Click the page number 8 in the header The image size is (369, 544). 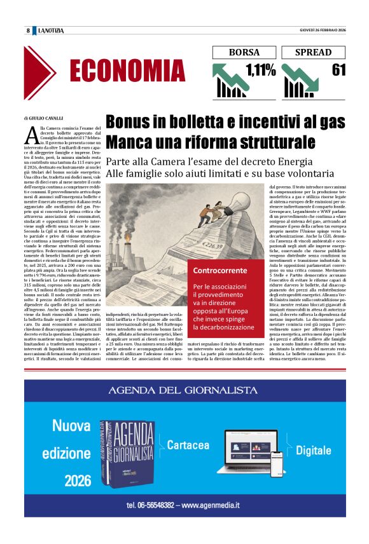28,31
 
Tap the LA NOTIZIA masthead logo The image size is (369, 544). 51,31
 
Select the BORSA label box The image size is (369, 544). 244,52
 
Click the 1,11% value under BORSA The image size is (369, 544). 260,71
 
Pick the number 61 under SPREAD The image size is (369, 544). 338,70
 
